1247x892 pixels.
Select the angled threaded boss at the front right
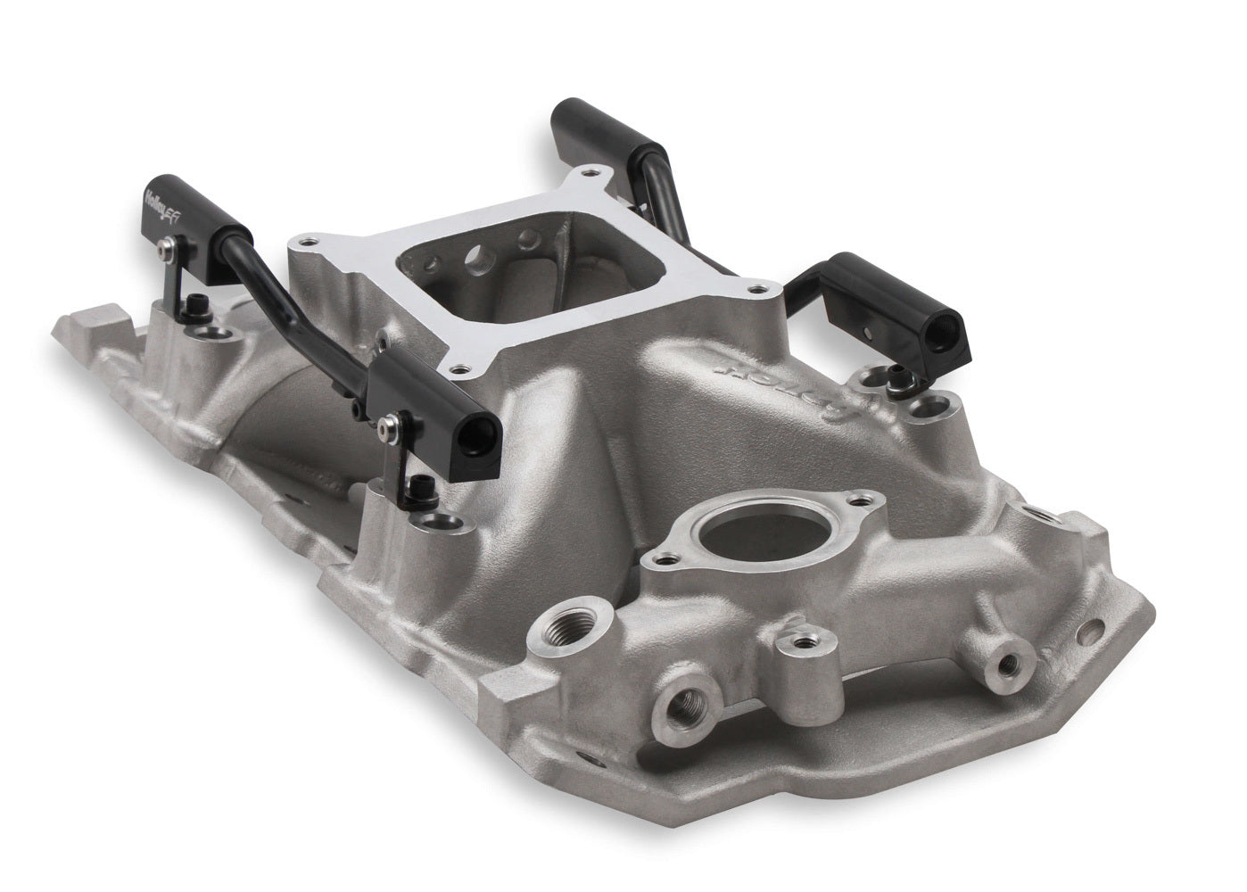(1007, 664)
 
